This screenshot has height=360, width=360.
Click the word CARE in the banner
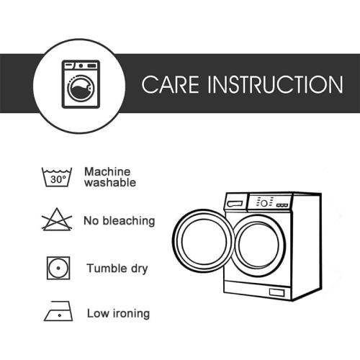click(x=171, y=84)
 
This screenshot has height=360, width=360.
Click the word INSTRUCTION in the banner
click(x=275, y=84)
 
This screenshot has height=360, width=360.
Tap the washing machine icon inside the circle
click(x=81, y=84)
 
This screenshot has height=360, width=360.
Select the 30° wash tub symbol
click(x=57, y=177)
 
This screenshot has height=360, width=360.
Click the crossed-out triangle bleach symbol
click(x=57, y=220)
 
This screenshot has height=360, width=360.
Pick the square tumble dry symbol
click(x=58, y=268)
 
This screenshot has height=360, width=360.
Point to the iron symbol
click(x=58, y=311)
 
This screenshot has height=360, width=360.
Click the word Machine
click(x=107, y=172)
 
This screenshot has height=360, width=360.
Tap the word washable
click(x=110, y=182)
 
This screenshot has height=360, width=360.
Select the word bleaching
click(x=129, y=221)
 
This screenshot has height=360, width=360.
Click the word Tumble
click(x=107, y=268)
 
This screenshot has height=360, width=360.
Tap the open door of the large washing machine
click(x=174, y=240)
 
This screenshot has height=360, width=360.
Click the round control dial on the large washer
click(x=264, y=204)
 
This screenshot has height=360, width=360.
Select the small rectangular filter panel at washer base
click(x=276, y=292)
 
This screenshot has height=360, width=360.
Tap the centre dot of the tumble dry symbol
click(x=58, y=268)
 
